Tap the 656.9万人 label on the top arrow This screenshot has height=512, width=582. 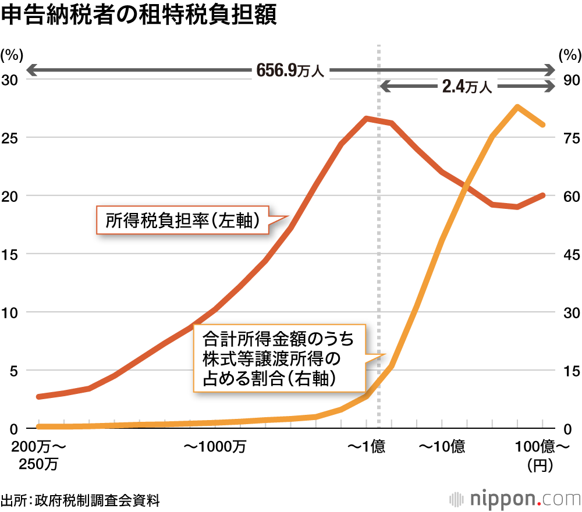point(291,71)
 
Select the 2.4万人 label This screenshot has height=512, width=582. point(467,87)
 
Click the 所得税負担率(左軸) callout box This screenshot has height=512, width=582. point(182,221)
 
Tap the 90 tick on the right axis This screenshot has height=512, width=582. point(569,80)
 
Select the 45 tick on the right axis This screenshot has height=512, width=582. point(569,254)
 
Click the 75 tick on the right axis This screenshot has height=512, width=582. point(569,138)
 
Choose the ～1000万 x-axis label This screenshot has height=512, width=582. point(215,447)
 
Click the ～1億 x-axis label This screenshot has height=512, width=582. point(367,447)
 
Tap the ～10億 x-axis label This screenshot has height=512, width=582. point(442,447)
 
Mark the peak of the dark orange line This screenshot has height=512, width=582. point(367,119)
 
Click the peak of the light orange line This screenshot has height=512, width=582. point(517,107)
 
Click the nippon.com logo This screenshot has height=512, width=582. point(515,499)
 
